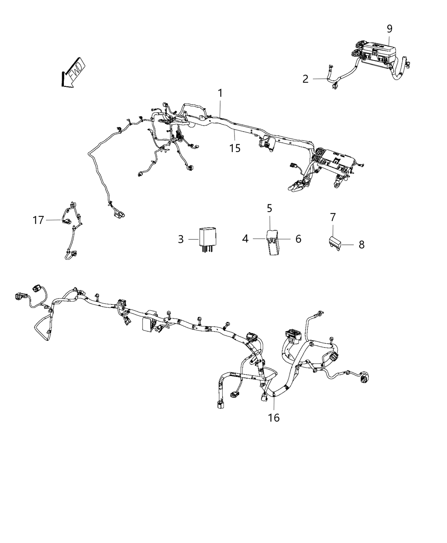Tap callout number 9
click(390, 29)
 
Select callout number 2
click(305, 79)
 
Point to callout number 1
click(221, 93)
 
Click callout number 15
click(235, 148)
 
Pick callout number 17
click(38, 220)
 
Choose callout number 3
click(181, 239)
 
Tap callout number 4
click(245, 239)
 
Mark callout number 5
click(269, 208)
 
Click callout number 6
click(298, 239)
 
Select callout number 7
click(333, 217)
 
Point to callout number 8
click(361, 245)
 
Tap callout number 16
click(274, 417)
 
